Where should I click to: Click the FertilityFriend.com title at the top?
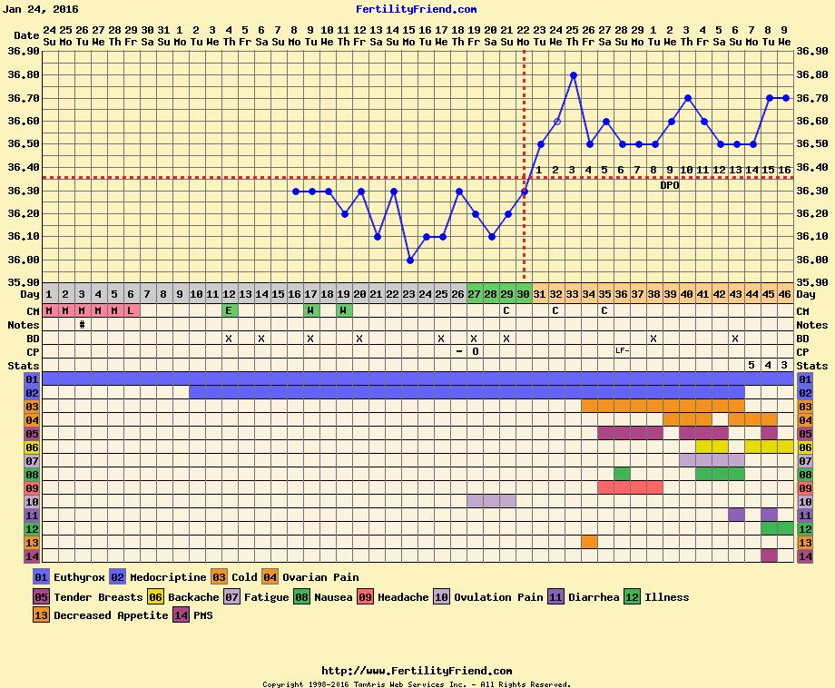pos(417,9)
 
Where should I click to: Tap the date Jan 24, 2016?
pos(41,9)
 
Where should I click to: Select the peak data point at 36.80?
pos(573,75)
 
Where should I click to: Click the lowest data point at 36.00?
pos(409,260)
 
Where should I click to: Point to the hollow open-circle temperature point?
pos(556,122)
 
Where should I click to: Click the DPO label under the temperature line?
pos(670,185)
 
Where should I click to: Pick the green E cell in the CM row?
pos(230,310)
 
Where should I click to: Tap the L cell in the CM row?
pos(132,310)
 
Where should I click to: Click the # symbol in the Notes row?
pos(83,324)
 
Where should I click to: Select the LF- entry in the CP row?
pos(622,350)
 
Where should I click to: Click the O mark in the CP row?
pos(475,351)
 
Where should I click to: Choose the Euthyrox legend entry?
pos(68,577)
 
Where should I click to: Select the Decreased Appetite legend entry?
pos(100,615)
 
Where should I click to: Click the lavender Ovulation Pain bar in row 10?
pos(491,501)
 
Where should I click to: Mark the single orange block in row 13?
pos(589,542)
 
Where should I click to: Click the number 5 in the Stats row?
pos(751,365)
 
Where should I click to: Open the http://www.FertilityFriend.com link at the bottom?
pos(417,672)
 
